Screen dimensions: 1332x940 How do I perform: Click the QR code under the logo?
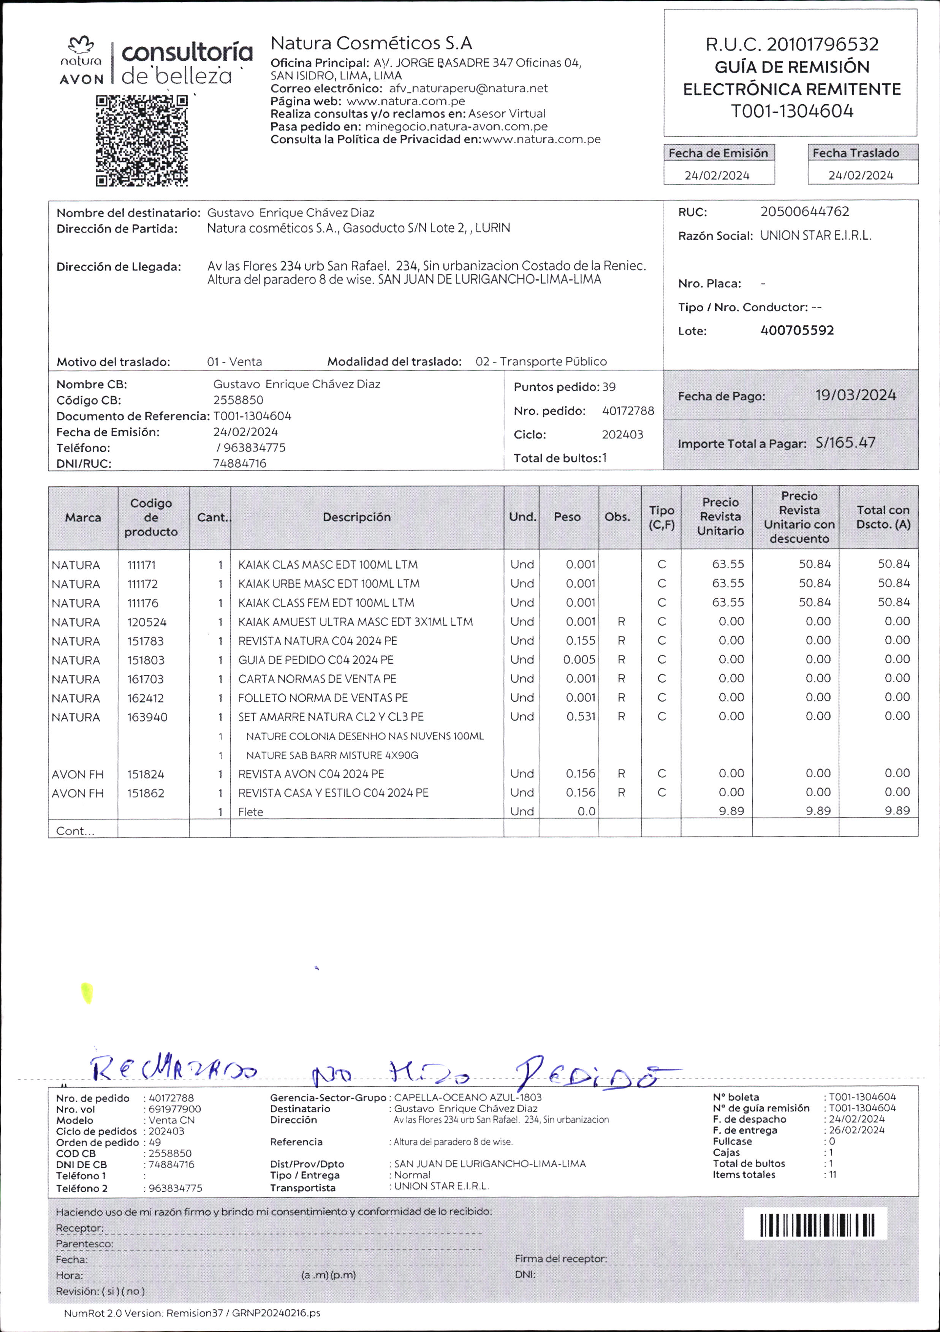(x=142, y=141)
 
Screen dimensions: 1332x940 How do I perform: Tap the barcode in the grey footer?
(x=816, y=1225)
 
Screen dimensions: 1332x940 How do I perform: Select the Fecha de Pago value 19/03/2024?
(x=855, y=395)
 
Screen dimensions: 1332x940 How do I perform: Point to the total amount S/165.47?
(x=845, y=443)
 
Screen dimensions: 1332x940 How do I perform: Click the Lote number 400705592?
(x=797, y=331)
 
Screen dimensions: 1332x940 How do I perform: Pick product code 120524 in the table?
(x=147, y=622)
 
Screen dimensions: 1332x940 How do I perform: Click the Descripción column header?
(x=356, y=517)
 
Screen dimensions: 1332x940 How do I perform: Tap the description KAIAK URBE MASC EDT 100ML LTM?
(x=328, y=584)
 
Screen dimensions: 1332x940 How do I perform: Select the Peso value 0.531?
(x=581, y=717)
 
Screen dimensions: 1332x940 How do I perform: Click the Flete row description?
(x=251, y=812)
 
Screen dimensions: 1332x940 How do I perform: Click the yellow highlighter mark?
(x=87, y=993)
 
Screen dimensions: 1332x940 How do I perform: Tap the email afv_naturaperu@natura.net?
(x=468, y=88)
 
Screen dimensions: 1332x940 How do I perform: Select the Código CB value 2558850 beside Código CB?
(x=238, y=400)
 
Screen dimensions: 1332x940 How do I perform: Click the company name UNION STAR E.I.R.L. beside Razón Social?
(x=815, y=236)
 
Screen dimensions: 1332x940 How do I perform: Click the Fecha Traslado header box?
(x=862, y=153)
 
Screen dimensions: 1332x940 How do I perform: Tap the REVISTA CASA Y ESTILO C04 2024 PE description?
(x=333, y=793)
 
